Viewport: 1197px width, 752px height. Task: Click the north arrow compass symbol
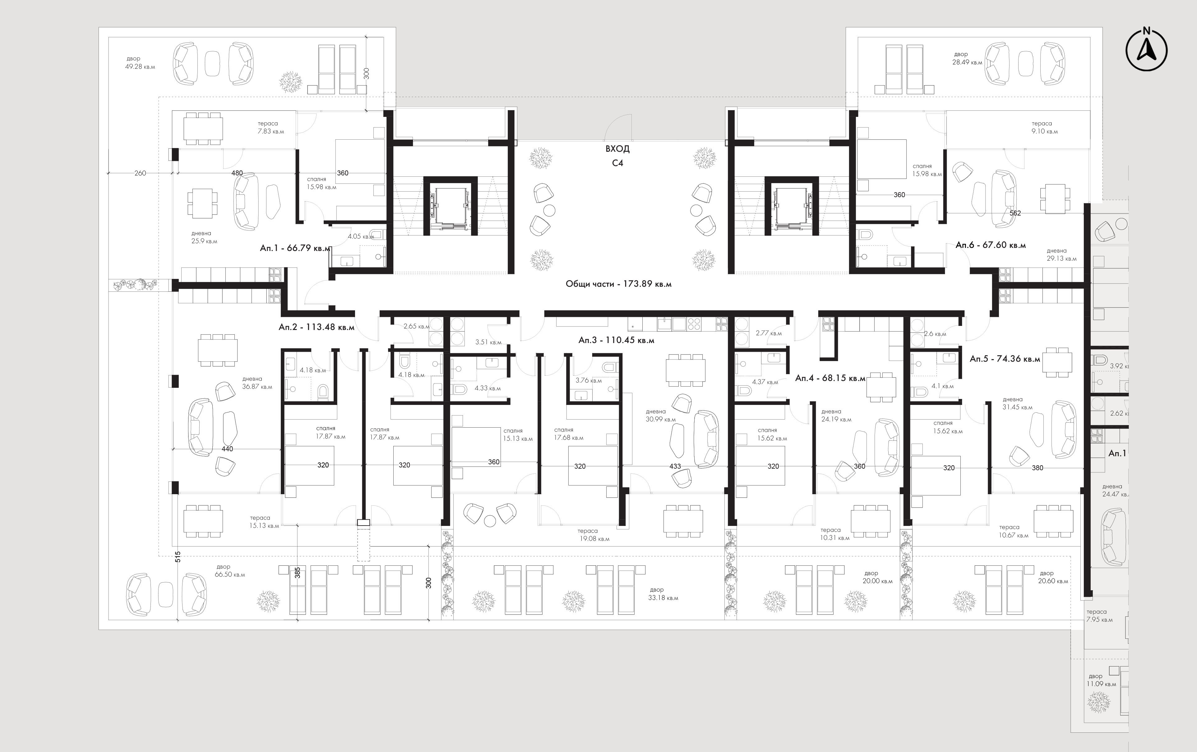[x=1146, y=50]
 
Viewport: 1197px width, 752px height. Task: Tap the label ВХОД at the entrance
[x=617, y=149]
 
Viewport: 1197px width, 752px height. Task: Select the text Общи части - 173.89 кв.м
[x=618, y=284]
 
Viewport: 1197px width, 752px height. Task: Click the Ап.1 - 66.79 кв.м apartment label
[x=295, y=248]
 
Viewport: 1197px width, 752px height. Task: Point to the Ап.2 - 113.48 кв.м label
[x=317, y=327]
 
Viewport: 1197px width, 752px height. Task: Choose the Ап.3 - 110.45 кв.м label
[x=617, y=340]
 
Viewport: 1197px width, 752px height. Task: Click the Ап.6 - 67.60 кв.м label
[x=991, y=245]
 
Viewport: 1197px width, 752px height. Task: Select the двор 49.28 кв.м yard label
[x=140, y=63]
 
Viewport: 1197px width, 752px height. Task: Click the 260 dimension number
[x=140, y=173]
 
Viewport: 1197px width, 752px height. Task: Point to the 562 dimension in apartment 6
[x=1015, y=213]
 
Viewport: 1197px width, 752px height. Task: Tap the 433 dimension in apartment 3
[x=675, y=466]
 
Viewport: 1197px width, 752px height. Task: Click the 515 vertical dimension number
[x=178, y=557]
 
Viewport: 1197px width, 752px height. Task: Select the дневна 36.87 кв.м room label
[x=257, y=383]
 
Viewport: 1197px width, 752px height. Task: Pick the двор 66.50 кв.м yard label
[x=230, y=570]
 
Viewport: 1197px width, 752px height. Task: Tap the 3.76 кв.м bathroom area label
[x=589, y=380]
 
